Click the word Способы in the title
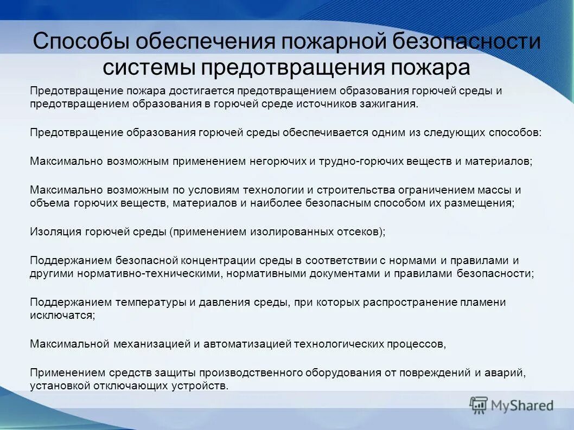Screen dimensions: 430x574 tap(80, 42)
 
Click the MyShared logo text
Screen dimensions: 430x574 tap(522, 405)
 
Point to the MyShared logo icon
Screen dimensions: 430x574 tap(478, 405)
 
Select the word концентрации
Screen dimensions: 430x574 tap(214, 260)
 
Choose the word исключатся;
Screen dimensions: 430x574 tap(62, 315)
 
